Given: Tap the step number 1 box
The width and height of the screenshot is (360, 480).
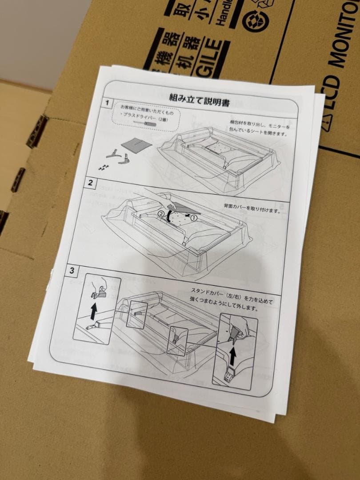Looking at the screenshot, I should tap(107, 103).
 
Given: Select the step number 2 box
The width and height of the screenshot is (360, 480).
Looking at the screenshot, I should tap(90, 182).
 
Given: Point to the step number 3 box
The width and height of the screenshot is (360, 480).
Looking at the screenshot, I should tap(72, 270).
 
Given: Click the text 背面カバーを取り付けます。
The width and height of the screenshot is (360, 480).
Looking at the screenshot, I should tap(252, 208).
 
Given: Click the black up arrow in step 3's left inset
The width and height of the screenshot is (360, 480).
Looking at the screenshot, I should tap(93, 312).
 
